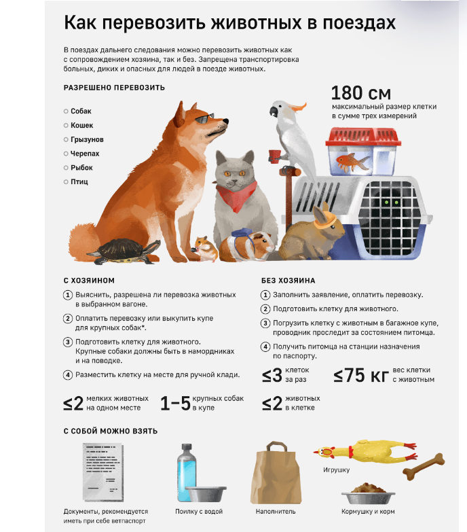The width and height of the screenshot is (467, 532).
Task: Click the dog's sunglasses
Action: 203,120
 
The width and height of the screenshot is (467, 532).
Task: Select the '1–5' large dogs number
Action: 174,404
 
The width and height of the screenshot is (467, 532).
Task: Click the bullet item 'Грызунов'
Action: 87,139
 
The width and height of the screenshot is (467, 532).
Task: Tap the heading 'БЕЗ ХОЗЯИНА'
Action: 288,280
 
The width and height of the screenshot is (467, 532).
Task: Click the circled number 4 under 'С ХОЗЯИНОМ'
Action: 68,374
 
